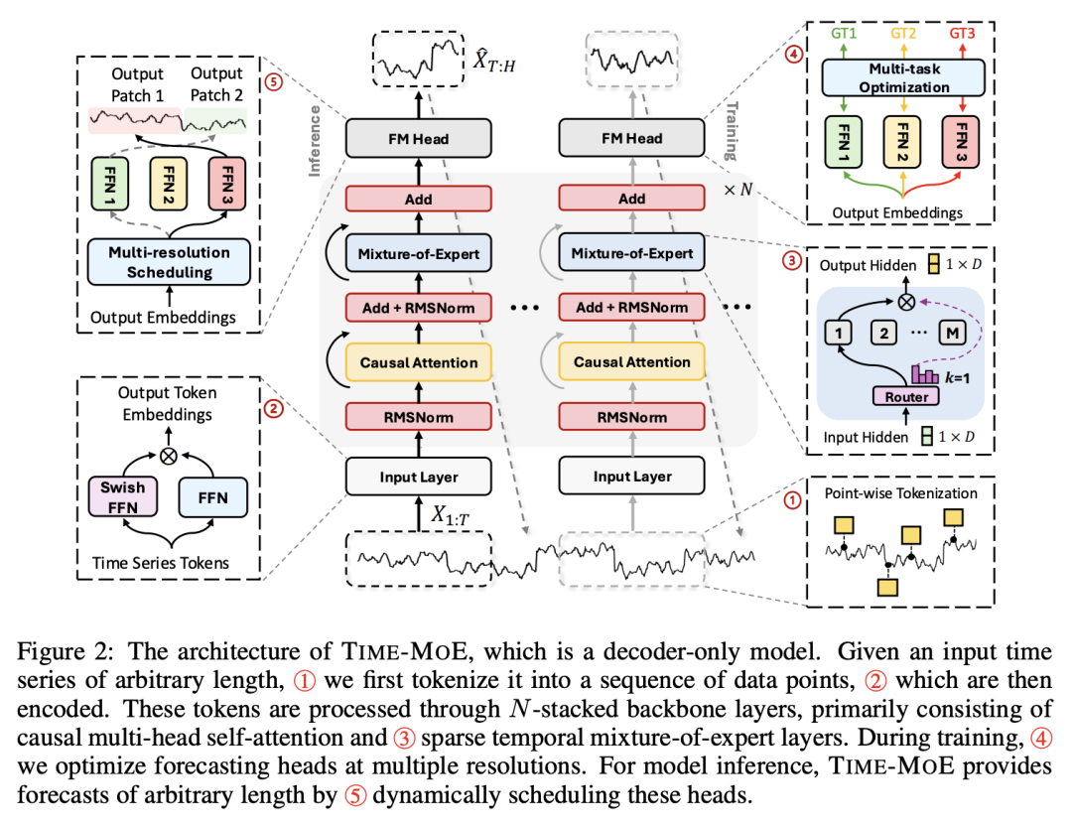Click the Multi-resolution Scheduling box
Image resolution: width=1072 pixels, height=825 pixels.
(x=169, y=262)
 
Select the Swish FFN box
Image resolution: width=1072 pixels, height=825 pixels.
(x=123, y=497)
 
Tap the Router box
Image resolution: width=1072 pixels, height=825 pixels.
(x=906, y=397)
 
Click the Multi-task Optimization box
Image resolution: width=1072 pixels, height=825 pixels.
(x=903, y=78)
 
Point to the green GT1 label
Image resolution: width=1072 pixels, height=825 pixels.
(x=844, y=33)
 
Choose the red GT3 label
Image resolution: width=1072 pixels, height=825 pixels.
(x=962, y=33)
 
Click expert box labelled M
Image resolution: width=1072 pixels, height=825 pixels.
(x=952, y=334)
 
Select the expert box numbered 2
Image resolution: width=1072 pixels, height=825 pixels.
(x=883, y=334)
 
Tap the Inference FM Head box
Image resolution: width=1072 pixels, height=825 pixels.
(x=419, y=139)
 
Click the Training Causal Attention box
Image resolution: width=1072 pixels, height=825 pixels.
(x=631, y=362)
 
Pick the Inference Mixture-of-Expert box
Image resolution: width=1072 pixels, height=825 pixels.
(x=419, y=254)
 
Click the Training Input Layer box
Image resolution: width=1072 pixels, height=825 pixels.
(x=631, y=477)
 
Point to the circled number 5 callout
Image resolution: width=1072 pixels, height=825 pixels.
(x=274, y=82)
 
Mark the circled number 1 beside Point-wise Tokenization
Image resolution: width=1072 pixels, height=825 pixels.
(x=792, y=500)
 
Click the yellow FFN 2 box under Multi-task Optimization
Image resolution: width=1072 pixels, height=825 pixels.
(x=902, y=142)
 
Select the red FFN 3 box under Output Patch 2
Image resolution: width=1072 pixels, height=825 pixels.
(x=227, y=184)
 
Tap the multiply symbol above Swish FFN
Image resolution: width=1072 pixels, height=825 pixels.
(x=168, y=456)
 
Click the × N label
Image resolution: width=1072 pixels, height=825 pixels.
(x=738, y=190)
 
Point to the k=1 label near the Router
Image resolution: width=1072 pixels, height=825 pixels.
(x=957, y=377)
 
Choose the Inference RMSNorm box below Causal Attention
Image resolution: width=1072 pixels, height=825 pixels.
(x=419, y=417)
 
